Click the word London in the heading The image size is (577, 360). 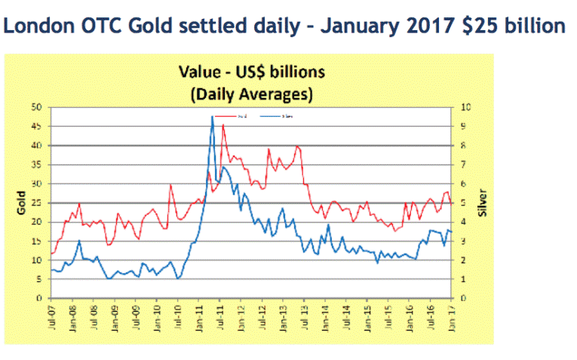35,26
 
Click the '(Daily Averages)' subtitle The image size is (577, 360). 251,94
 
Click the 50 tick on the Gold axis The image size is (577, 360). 36,107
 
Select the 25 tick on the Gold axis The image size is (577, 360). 36,203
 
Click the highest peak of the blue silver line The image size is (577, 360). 212,117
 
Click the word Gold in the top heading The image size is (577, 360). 150,26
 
